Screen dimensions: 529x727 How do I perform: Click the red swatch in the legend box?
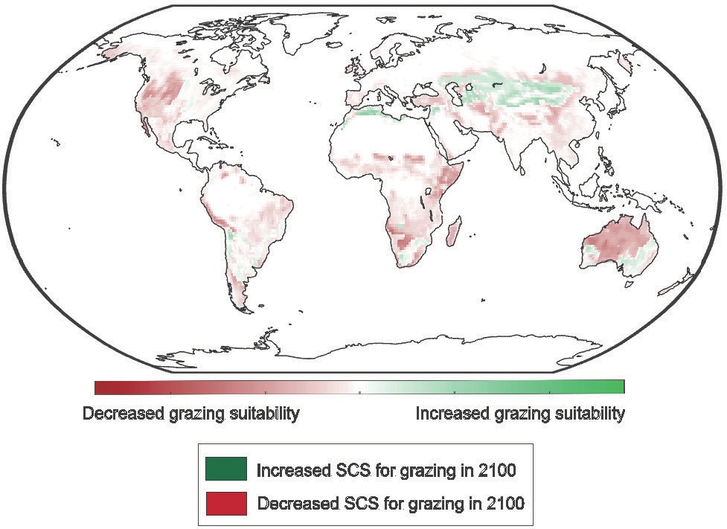point(225,503)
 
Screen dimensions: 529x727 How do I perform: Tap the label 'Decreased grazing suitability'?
point(191,414)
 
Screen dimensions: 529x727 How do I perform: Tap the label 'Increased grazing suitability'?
point(519,414)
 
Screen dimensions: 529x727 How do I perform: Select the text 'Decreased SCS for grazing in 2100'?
point(391,504)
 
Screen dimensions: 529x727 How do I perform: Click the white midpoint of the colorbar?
point(359,387)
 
